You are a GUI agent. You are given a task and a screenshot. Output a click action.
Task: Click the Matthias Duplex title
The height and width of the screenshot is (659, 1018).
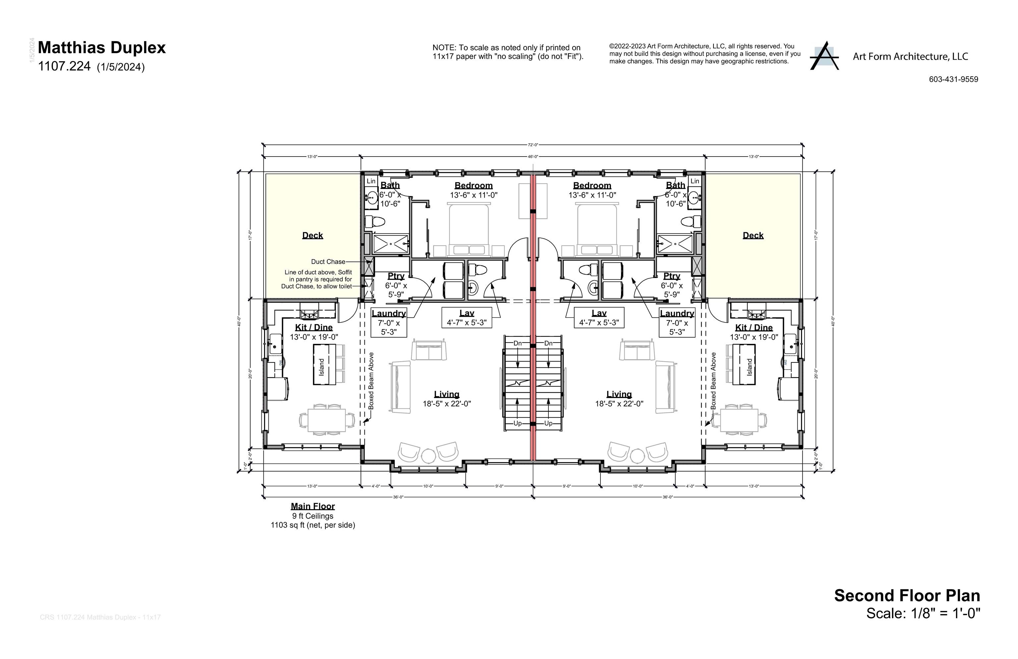click(x=102, y=47)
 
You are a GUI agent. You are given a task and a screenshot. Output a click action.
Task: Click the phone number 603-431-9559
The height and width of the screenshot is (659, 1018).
click(x=953, y=79)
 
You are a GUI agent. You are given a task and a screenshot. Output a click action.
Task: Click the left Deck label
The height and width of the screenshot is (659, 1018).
click(x=312, y=235)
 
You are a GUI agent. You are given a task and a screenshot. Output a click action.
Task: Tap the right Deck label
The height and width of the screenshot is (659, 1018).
click(x=753, y=235)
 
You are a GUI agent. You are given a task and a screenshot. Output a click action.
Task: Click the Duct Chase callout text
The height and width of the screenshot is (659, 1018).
click(x=328, y=261)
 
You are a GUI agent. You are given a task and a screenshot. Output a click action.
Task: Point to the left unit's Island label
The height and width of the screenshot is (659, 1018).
click(x=321, y=367)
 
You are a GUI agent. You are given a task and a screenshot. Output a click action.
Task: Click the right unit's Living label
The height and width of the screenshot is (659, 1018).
click(x=619, y=394)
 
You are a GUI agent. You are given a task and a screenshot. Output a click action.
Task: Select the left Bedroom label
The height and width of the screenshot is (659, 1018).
click(x=473, y=185)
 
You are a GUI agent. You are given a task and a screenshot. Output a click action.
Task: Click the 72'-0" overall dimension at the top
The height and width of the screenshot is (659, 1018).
click(x=532, y=145)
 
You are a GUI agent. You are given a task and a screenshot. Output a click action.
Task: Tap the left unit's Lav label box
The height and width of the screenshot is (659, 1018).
click(x=467, y=317)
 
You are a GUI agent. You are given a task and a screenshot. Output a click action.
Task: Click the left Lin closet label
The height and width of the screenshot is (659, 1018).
click(x=371, y=181)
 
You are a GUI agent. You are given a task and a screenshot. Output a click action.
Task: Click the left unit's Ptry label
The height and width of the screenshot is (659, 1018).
click(x=396, y=276)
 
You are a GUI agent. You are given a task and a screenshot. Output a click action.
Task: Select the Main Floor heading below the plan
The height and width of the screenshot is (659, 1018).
click(x=312, y=506)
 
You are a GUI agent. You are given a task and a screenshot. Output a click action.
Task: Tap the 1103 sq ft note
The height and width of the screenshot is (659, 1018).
click(x=312, y=525)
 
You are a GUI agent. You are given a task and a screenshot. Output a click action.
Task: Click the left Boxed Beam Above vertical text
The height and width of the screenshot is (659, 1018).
click(x=371, y=381)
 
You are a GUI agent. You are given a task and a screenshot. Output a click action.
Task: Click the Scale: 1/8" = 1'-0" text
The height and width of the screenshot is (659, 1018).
click(x=923, y=613)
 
